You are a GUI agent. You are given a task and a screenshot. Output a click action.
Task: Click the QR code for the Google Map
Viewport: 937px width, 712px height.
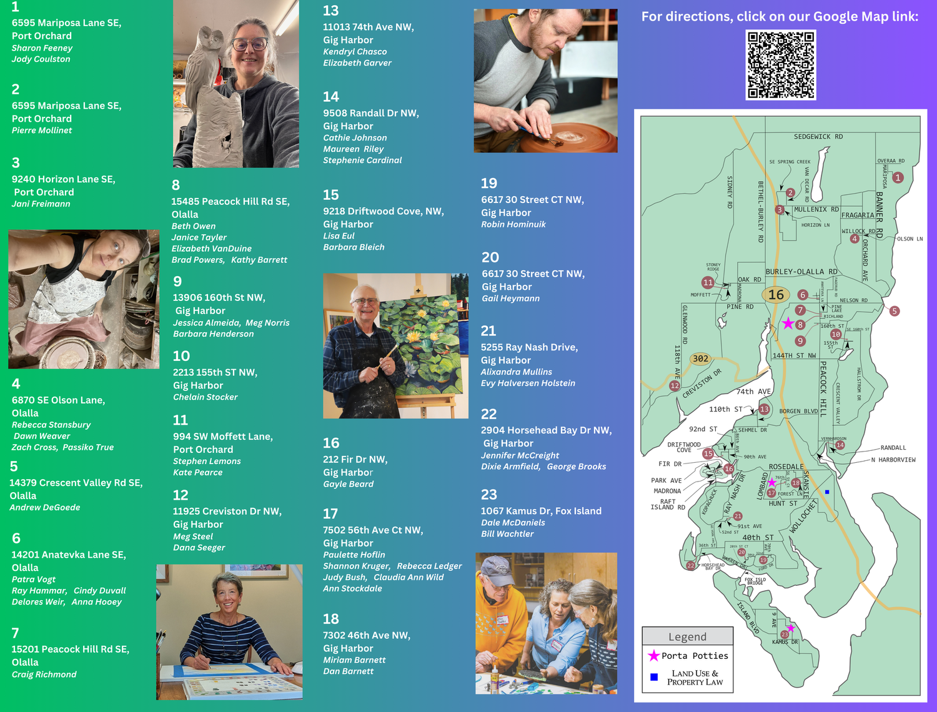[x=781, y=65]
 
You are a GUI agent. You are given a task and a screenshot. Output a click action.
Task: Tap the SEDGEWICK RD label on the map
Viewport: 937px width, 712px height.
[x=818, y=137]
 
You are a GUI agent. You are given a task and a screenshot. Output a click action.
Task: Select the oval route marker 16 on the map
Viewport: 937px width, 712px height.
[x=776, y=295]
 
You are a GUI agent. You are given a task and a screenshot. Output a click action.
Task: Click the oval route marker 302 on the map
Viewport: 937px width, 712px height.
[x=700, y=358]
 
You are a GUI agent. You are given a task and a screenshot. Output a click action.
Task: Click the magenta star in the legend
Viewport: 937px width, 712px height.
[x=653, y=656]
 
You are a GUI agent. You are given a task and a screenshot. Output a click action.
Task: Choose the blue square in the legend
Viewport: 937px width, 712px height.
[x=654, y=677]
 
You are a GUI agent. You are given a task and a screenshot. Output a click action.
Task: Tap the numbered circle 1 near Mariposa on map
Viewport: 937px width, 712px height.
[x=898, y=177]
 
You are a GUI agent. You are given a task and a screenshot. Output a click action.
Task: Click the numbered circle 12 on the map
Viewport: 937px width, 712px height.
[x=675, y=386]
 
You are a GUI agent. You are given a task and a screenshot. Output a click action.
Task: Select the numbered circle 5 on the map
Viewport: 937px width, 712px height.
[x=895, y=311]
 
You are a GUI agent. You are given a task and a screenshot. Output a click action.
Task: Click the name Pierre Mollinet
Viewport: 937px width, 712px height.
[x=42, y=131]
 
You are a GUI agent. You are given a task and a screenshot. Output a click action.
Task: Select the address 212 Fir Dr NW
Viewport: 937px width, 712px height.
[x=355, y=460]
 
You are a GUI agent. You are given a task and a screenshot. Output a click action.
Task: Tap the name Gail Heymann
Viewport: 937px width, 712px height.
[x=510, y=299]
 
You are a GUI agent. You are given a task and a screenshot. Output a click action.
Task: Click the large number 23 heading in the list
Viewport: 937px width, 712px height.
[x=489, y=495]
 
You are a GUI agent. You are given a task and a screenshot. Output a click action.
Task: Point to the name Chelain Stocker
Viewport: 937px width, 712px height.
[x=206, y=397]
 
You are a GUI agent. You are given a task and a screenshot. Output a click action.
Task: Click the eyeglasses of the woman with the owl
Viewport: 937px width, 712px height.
[x=250, y=44]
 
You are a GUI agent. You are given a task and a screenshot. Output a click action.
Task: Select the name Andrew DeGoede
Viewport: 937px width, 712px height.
[x=45, y=508]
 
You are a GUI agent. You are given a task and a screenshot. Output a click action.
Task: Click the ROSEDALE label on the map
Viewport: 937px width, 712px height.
[x=786, y=467]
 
